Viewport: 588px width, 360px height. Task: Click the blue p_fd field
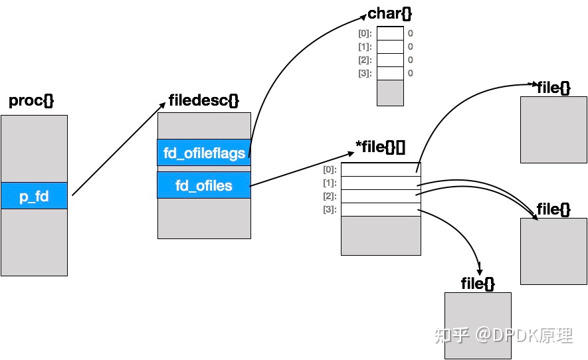click(34, 196)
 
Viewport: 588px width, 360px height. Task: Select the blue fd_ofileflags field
click(204, 153)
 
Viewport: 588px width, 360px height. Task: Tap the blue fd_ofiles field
click(204, 185)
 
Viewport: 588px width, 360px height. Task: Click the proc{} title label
click(31, 101)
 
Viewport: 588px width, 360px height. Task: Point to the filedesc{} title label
click(205, 100)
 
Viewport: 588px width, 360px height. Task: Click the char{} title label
click(385, 13)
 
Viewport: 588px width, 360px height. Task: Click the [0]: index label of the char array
click(365, 33)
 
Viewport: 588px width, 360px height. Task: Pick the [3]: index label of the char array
click(365, 73)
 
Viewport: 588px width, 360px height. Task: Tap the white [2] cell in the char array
click(390, 60)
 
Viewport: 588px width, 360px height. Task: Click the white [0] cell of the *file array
click(381, 169)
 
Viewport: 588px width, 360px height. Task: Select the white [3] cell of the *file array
click(381, 209)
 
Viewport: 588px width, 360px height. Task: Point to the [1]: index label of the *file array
click(330, 183)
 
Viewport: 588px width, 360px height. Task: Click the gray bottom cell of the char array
click(390, 92)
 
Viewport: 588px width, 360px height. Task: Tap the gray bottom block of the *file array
click(381, 235)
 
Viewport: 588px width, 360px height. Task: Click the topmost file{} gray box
click(553, 130)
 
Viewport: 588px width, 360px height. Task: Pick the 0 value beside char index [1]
click(411, 46)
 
